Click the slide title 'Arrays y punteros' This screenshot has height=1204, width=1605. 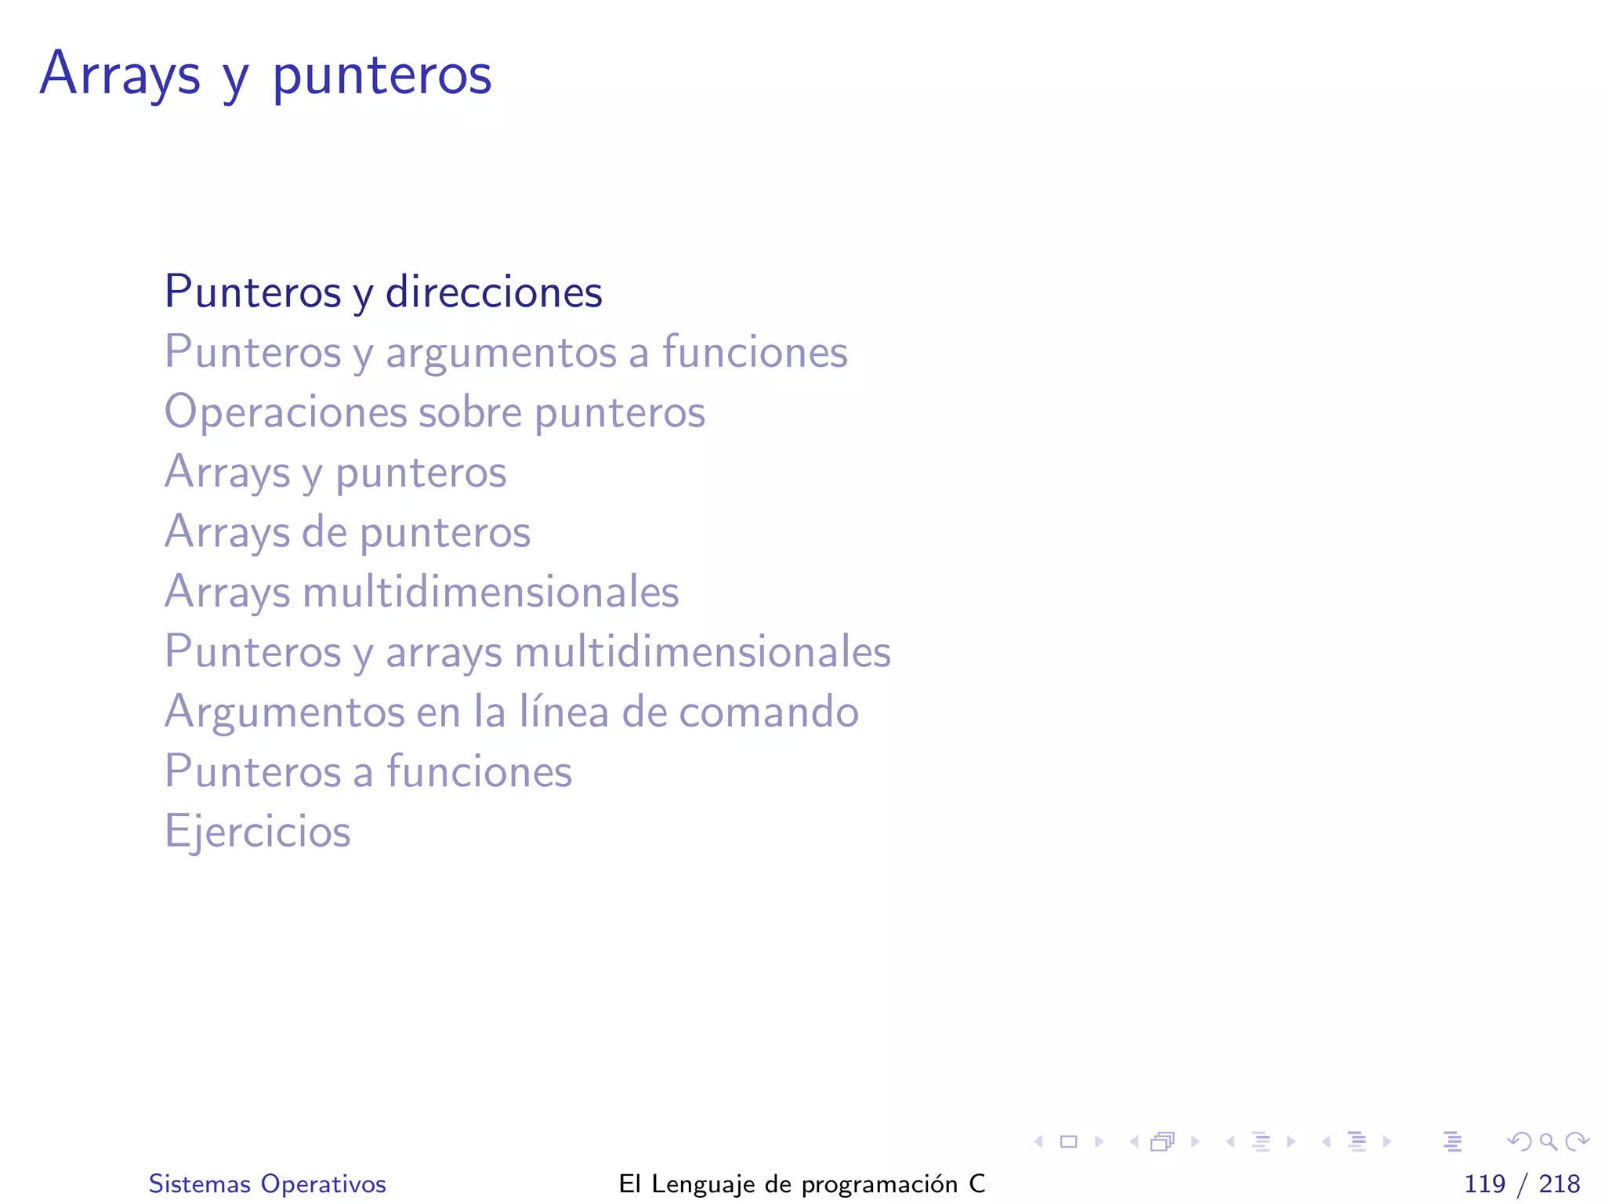tap(266, 74)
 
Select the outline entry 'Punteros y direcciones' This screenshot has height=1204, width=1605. tap(383, 292)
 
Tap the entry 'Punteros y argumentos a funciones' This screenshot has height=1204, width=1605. tap(505, 352)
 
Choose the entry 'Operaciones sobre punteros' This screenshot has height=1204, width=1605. tap(434, 412)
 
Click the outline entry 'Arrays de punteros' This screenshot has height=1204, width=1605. tap(347, 532)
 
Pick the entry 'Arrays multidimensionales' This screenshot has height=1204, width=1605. tap(422, 592)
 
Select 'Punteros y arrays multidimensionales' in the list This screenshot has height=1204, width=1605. tap(527, 652)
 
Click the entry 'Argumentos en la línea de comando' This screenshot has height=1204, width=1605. tap(511, 712)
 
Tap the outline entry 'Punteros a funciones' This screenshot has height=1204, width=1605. tap(368, 772)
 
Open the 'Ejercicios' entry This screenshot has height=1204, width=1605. tap(257, 832)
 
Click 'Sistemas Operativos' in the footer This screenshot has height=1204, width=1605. tap(267, 1184)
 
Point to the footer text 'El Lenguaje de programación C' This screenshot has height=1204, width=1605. tap(802, 1184)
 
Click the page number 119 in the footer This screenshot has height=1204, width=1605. tap(1484, 1184)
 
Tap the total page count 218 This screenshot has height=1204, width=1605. tap(1560, 1184)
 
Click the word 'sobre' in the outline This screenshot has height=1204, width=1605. tap(470, 412)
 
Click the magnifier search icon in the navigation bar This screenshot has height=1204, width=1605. tap(1549, 1142)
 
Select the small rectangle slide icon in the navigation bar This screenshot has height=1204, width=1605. tap(1068, 1142)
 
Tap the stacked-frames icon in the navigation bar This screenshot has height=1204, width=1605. tap(1163, 1142)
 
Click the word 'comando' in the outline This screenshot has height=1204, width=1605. tap(769, 712)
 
